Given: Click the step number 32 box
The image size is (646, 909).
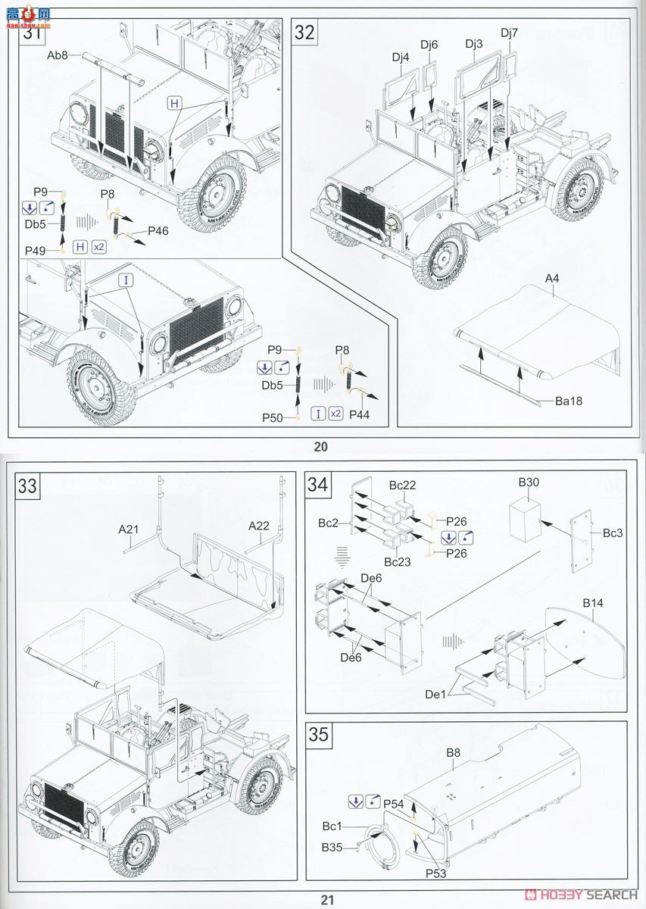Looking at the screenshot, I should pos(304,33).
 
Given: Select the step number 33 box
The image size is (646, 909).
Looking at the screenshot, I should pos(28,486).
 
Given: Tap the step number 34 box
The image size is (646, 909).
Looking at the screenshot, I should pos(318,486).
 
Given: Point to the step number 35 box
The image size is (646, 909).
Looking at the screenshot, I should pos(318,736).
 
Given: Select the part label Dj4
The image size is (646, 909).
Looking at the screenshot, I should pos(401,57).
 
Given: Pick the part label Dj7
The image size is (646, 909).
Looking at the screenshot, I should pos(510,33).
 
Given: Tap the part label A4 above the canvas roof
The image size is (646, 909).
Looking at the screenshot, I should pos(552,280).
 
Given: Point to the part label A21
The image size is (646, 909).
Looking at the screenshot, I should pos(129,529).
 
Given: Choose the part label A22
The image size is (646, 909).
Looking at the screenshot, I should pos(259,526).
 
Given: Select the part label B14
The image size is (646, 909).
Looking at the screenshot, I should pos(593,603).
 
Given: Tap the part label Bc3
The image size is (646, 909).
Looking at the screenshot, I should pos(613,533).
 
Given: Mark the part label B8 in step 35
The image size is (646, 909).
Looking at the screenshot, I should pos(453,753).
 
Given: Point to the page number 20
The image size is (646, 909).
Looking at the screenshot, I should pos(321,446).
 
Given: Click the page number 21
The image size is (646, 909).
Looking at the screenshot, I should pos(326,900).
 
